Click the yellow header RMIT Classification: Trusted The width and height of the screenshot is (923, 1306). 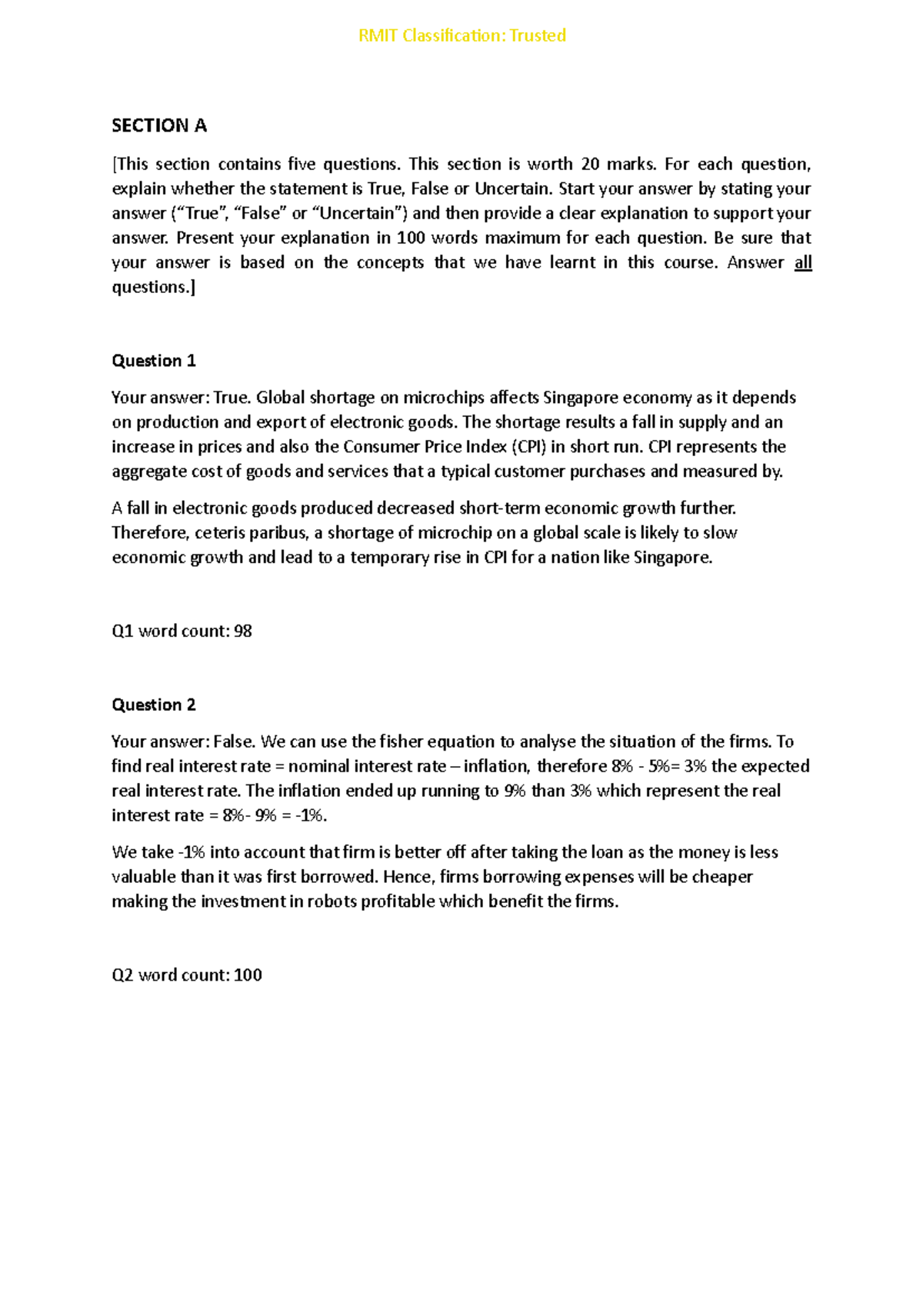tap(461, 35)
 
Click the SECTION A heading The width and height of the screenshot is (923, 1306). tap(159, 125)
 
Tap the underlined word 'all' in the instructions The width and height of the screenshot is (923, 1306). tap(803, 262)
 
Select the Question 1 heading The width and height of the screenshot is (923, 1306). tap(154, 361)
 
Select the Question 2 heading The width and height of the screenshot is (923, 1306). tap(154, 705)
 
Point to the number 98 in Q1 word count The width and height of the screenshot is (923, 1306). tap(243, 631)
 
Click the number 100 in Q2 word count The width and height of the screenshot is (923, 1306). tap(248, 975)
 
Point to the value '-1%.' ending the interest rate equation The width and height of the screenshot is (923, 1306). tap(312, 815)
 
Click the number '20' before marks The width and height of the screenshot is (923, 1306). tap(591, 164)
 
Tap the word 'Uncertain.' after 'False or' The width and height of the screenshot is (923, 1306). tap(513, 188)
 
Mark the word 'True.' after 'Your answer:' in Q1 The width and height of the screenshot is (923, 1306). tap(232, 398)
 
